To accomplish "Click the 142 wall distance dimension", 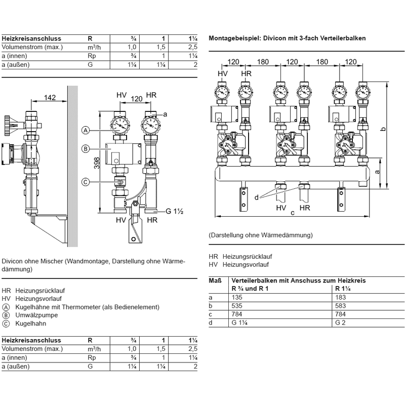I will tap(49, 98).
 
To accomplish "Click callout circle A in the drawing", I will tap(86, 131).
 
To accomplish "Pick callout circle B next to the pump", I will tap(86, 148).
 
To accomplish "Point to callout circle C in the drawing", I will tap(86, 182).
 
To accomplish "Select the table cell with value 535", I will tap(238, 306).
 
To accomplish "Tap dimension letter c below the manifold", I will tap(293, 213).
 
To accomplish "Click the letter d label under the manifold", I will tap(257, 196).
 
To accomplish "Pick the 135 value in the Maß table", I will tap(238, 298).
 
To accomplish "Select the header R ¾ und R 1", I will tap(249, 288).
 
